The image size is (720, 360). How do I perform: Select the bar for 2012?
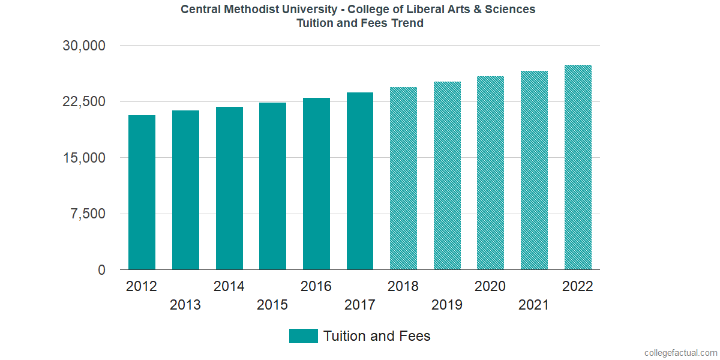142,192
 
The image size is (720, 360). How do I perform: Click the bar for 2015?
272,186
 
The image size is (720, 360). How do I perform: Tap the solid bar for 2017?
360,181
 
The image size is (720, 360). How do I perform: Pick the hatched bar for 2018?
403,178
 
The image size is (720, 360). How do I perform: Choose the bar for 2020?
490,173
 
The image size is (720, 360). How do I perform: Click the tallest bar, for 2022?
578,167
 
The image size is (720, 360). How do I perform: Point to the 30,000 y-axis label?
84,46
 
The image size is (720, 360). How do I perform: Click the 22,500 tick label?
84,102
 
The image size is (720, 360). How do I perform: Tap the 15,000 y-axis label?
84,158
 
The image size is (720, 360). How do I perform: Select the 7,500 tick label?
88,214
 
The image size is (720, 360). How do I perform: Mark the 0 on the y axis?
101,271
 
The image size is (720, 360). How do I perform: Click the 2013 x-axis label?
185,305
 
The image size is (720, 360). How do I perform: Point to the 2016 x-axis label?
316,286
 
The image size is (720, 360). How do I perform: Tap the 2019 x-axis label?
447,305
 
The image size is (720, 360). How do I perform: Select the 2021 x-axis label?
534,305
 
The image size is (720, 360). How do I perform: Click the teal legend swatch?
303,336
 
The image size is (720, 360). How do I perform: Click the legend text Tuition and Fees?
377,336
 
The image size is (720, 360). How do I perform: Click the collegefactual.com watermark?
680,353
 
